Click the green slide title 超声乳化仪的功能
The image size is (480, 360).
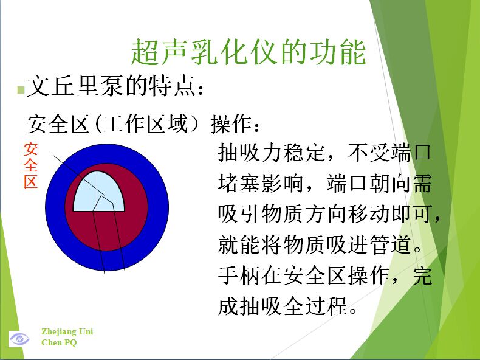click(249, 52)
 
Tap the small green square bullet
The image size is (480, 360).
click(21, 90)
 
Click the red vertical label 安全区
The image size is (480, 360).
click(30, 165)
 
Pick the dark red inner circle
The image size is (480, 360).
click(135, 215)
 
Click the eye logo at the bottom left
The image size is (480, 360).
click(19, 339)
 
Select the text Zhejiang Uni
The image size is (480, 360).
click(67, 331)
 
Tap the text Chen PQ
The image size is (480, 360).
click(59, 342)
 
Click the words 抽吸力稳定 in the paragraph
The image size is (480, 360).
click(271, 152)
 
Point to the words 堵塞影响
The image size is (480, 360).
click(261, 183)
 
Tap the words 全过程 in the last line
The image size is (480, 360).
click(315, 306)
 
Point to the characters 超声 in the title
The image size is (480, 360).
click(159, 52)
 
